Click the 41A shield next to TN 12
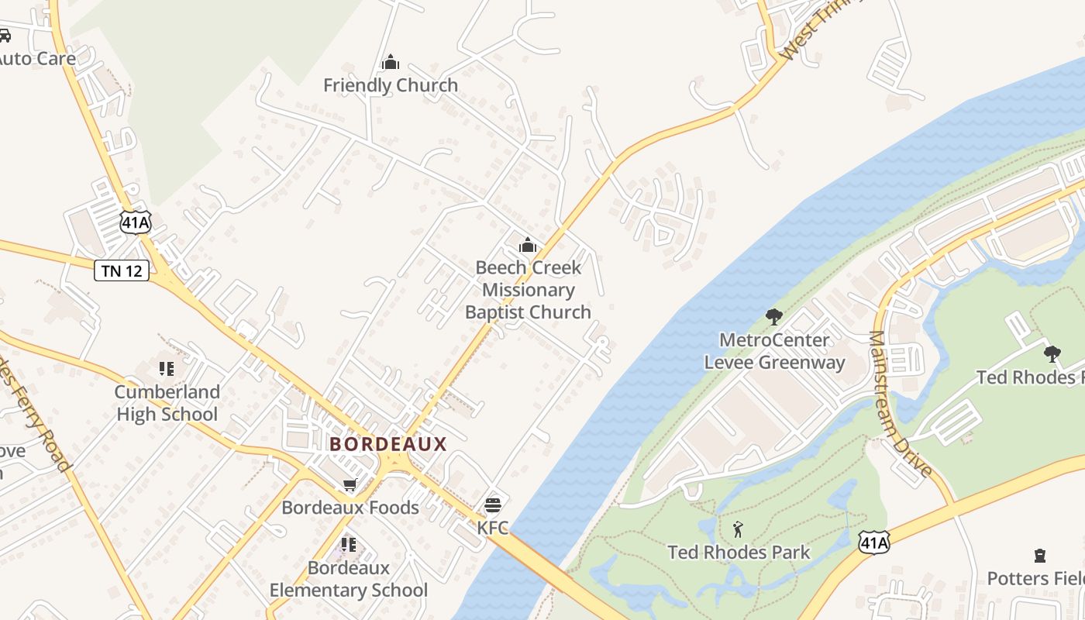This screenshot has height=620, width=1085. coord(135,222)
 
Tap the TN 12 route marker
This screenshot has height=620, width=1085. coord(122,270)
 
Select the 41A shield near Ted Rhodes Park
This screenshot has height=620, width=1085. coord(873,542)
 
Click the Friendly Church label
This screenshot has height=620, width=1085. coord(391,85)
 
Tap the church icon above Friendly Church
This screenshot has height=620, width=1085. coord(391,62)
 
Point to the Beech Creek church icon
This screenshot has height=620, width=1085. coord(528,246)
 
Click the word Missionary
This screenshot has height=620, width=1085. coord(528,290)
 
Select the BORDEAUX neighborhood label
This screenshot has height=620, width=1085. coord(388,444)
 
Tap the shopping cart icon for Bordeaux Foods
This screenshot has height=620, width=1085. coord(350,485)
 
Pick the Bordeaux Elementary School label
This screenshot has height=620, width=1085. coord(349,579)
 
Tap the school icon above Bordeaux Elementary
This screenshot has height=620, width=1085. coord(349,545)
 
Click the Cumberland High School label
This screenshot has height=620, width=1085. coord(167,403)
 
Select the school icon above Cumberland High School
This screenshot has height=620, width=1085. coord(167,368)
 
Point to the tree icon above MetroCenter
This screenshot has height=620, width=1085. coord(773,316)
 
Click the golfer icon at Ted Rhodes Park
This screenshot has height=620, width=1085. coord(738,530)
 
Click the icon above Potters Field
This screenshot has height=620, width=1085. coord(1039,556)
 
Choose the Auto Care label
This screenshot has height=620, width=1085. coord(37,58)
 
